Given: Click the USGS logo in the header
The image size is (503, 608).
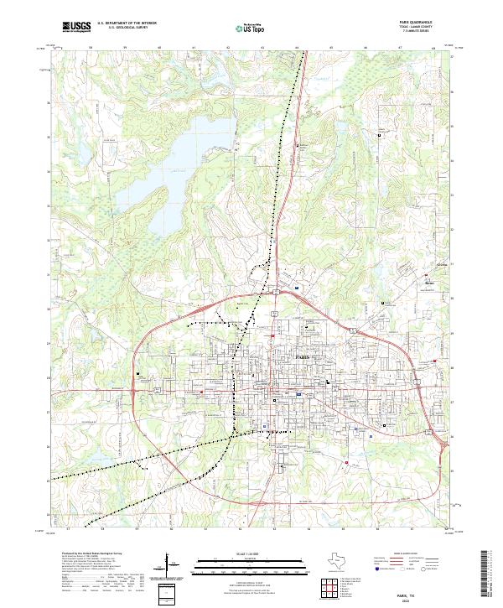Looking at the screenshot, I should pos(76,28).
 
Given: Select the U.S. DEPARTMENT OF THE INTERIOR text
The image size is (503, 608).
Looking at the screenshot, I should pos(127,24).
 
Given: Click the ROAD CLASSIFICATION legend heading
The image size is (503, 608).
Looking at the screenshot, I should pos(405,553).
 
